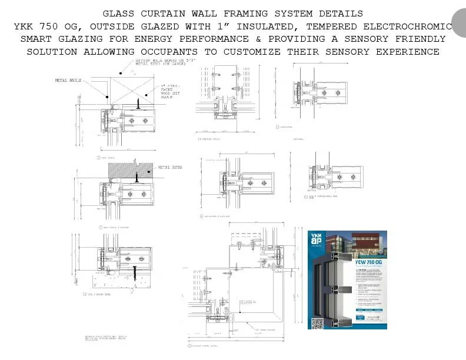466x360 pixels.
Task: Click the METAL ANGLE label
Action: coord(69,79)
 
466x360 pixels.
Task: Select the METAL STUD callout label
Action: coord(170,168)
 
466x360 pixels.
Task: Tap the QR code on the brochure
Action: coord(317,323)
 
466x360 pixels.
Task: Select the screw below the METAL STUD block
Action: coord(137,176)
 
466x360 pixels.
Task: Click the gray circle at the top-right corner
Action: coord(460,22)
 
